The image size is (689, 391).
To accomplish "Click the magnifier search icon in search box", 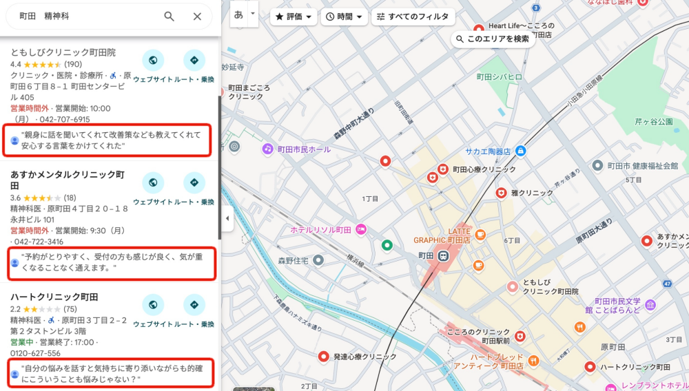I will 169,17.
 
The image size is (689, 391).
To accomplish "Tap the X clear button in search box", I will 197,17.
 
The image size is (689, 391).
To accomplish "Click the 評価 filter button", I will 294,17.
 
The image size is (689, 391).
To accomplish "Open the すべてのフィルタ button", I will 412,17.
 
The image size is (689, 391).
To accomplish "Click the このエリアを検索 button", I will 493,39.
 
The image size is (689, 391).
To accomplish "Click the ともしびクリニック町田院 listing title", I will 63,52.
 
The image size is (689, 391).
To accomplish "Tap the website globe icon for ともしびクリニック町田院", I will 153,61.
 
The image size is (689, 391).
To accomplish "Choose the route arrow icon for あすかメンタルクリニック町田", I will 194,183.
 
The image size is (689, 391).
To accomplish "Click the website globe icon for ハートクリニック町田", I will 153,304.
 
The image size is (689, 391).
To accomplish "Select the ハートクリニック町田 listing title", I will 54,297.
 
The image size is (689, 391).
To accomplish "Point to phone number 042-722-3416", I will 39,242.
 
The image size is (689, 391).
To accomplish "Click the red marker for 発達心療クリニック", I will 323,357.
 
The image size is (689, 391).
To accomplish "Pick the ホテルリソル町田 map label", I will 321,229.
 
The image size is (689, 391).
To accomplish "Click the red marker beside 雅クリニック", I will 501,193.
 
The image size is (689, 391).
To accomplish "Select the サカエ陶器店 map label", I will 486,151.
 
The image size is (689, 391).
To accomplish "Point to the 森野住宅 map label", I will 291,261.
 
